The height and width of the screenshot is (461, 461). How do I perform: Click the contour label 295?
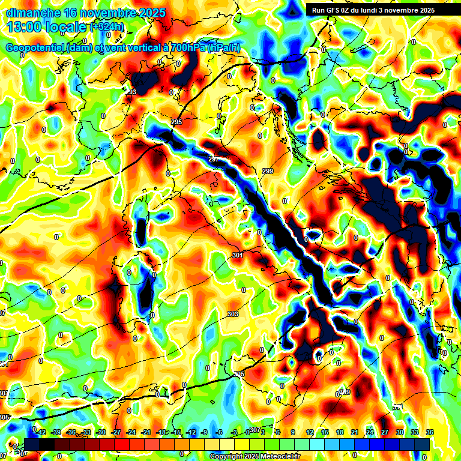176,122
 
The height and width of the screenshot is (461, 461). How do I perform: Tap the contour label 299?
268,172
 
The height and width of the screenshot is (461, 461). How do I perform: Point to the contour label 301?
238,256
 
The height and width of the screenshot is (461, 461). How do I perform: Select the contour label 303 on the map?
233,314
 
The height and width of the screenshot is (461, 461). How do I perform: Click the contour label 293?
131,92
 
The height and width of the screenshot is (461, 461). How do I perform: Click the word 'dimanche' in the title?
32,12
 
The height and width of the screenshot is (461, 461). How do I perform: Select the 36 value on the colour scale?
430,432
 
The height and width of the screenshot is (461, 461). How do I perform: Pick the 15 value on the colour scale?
325,432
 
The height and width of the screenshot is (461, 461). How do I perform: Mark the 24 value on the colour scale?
369,432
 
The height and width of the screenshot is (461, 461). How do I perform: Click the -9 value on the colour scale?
204,432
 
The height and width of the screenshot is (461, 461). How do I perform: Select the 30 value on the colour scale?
400,432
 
